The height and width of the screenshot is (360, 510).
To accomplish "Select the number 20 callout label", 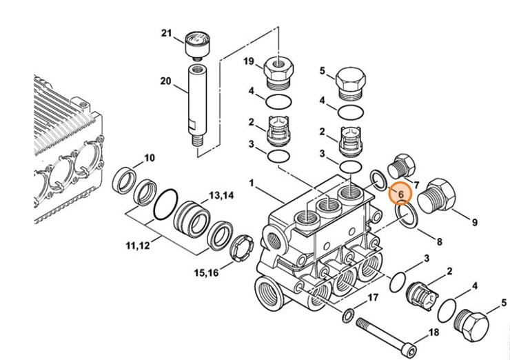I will pos(165,81).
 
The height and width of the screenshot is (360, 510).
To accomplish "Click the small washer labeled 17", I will pos(349,316).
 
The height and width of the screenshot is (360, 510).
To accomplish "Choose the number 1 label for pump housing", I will pos(252,183).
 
